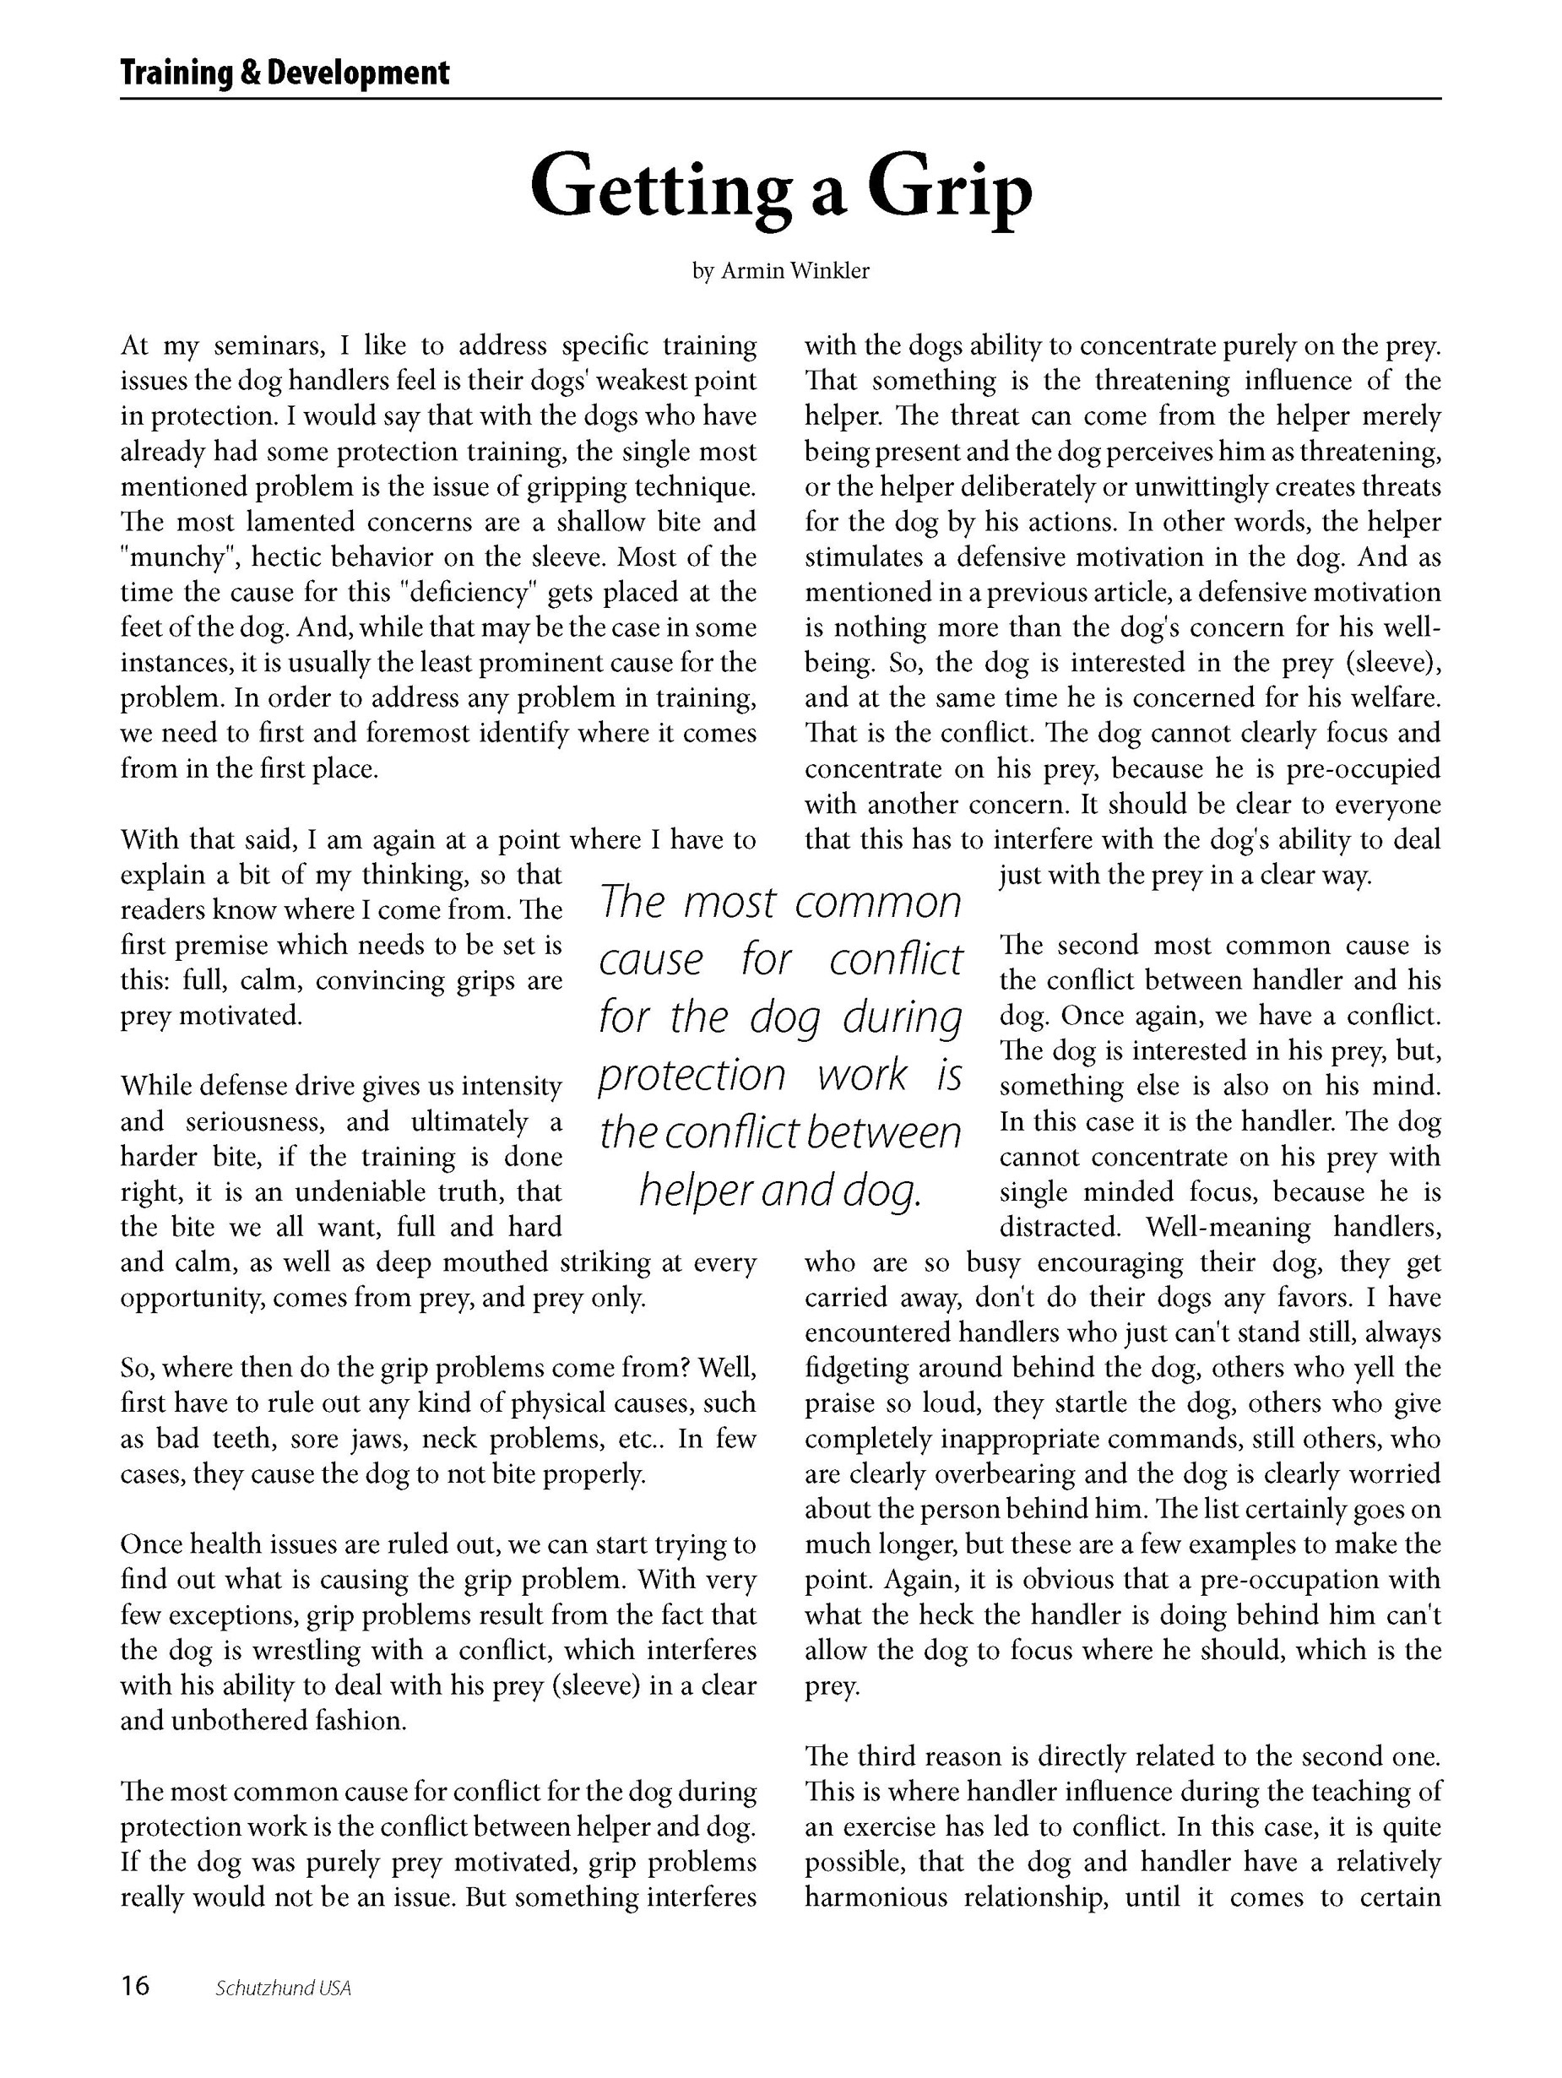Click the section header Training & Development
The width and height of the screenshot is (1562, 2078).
[x=285, y=73]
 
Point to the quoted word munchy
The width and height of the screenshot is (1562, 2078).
[x=178, y=558]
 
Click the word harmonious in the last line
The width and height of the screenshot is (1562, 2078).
[x=876, y=1897]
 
